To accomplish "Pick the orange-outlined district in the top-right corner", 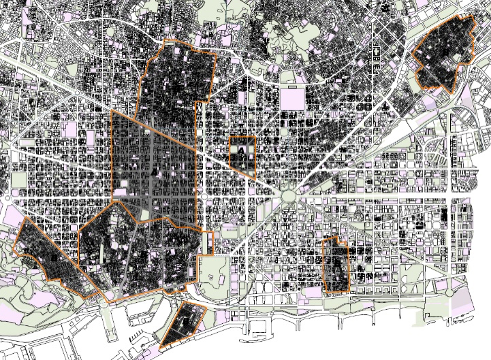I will point(446,54).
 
